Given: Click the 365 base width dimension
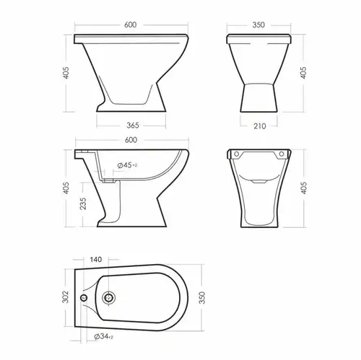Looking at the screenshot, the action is coord(133,126).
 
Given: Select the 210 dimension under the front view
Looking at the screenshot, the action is coord(260,126).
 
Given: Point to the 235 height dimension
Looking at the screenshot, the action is coord(83,203).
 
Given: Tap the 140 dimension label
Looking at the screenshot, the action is coord(96,260).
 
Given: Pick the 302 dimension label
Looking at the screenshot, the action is coord(66,297).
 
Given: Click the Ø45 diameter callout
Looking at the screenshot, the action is coord(127,165).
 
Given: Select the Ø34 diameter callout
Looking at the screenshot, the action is coord(103,337).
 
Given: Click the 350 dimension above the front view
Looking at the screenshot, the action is coord(258,25).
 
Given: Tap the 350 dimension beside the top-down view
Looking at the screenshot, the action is coord(202,298).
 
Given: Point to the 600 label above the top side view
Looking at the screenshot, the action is coord(130,25).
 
